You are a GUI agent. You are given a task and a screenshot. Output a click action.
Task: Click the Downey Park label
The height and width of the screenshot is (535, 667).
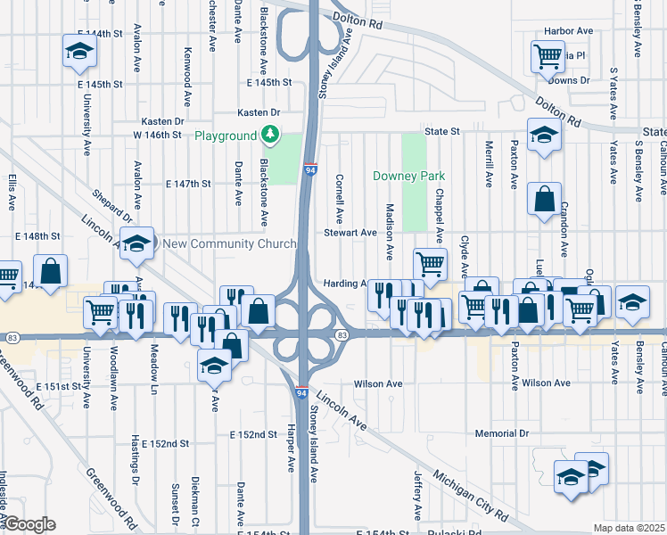pyautogui.click(x=408, y=177)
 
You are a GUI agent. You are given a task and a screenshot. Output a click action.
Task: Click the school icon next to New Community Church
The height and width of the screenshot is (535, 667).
pyautogui.click(x=136, y=243)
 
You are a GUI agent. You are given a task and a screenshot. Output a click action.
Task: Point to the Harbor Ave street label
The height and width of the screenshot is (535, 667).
pyautogui.click(x=572, y=31)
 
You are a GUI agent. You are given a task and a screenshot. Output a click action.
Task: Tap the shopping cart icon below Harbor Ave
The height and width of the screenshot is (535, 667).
pyautogui.click(x=548, y=57)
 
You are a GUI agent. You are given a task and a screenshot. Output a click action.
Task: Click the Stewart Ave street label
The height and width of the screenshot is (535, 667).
pyautogui.click(x=350, y=233)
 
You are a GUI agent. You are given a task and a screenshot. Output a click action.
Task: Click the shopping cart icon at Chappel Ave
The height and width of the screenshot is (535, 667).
pyautogui.click(x=430, y=263)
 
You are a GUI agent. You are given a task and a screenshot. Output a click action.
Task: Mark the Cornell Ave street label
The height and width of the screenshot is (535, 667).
pyautogui.click(x=339, y=198)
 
